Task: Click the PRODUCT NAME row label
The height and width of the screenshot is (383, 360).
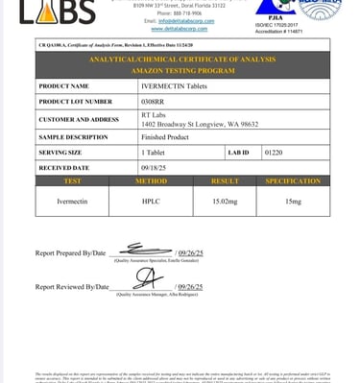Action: point(63,86)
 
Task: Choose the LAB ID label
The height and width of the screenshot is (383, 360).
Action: point(239,153)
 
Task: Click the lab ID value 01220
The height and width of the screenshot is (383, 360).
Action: point(274,153)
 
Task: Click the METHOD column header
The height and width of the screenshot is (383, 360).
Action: point(151,181)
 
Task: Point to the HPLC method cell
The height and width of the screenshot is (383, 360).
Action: point(151,202)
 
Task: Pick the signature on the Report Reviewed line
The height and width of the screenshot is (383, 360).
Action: point(146,278)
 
